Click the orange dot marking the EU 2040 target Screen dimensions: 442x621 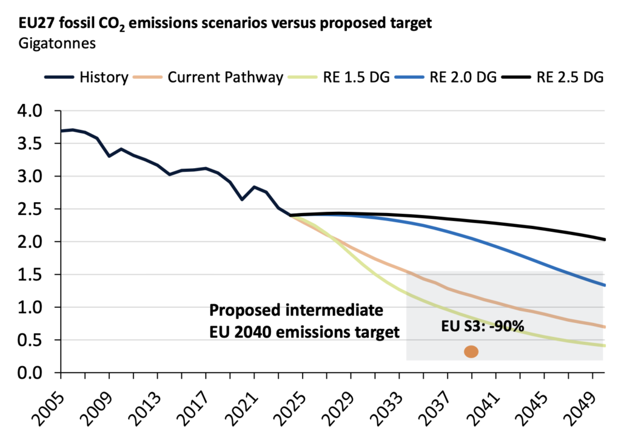point(471,352)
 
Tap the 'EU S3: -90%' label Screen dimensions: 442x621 point(482,325)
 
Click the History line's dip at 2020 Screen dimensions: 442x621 point(242,199)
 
